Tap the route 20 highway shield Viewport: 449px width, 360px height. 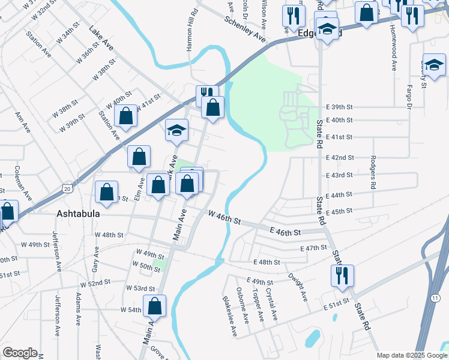(66, 188)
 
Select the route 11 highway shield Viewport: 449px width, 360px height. (435, 298)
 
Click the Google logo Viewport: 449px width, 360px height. (20, 353)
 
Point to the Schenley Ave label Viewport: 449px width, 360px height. (245, 28)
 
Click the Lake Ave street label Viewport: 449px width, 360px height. (101, 37)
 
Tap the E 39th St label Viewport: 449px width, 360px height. (339, 106)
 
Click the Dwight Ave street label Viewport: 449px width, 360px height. (300, 287)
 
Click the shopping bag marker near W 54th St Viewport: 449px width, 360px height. (155, 305)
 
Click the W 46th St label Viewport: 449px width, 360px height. (224, 217)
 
